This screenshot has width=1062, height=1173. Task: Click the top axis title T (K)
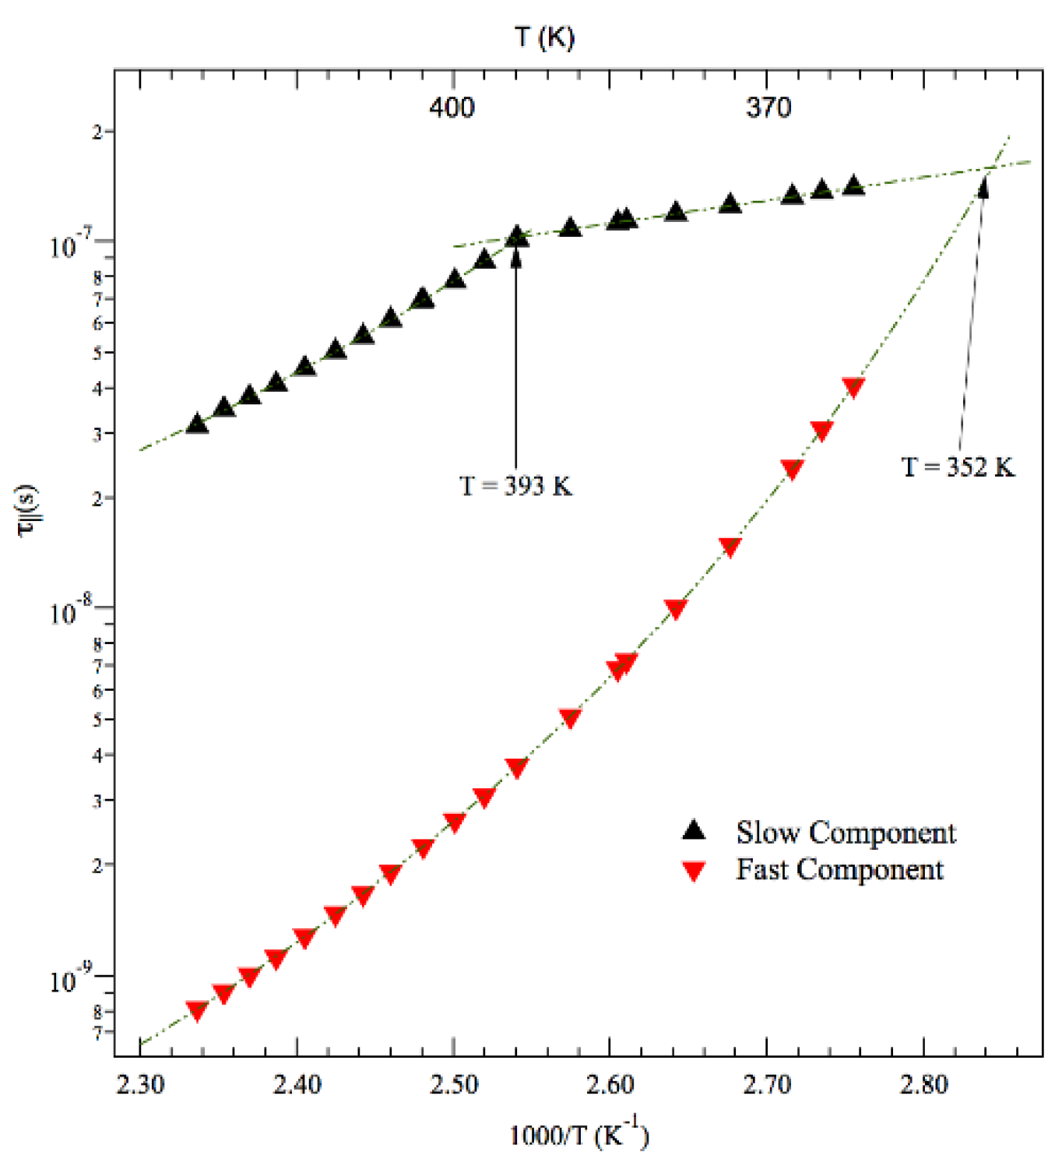(x=544, y=37)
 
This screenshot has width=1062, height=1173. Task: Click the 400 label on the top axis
(x=452, y=107)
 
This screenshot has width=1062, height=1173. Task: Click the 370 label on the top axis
(x=768, y=107)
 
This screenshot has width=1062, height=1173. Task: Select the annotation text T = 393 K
(x=515, y=486)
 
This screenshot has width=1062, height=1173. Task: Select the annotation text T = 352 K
(x=958, y=467)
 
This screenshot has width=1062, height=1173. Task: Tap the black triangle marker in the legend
(x=694, y=831)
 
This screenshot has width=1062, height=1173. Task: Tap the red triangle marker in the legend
(x=694, y=871)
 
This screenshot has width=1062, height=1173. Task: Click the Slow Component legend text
(x=846, y=833)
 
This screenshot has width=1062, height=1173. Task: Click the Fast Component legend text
(x=839, y=869)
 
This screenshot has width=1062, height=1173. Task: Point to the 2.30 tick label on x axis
(x=140, y=1084)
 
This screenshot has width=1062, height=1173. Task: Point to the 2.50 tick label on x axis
(x=453, y=1084)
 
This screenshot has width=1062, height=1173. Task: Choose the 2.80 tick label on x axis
(x=923, y=1084)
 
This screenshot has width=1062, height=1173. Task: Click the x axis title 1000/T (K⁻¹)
(x=578, y=1135)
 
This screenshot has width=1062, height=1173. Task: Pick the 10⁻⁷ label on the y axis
(x=71, y=245)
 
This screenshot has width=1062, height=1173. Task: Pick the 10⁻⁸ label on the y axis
(x=71, y=611)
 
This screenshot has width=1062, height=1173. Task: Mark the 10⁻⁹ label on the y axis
(x=71, y=979)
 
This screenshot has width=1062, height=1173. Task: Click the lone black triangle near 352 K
(x=983, y=188)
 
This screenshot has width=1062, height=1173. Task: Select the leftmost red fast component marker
(x=197, y=1011)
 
